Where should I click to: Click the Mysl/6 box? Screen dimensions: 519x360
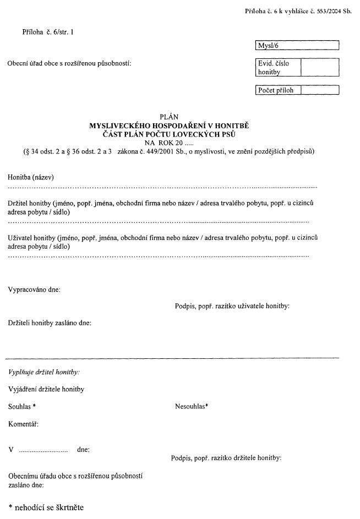[297, 45]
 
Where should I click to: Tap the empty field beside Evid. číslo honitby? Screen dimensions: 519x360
[320, 68]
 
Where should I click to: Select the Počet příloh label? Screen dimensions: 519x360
[276, 90]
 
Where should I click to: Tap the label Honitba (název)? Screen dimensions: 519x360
[31, 177]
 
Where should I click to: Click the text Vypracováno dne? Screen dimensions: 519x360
[34, 289]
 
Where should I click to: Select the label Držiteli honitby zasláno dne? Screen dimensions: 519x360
[50, 323]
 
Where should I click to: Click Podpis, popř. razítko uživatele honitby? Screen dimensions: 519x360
[232, 306]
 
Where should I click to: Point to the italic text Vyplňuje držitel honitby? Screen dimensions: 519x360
[44, 373]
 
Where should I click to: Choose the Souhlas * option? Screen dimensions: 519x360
[22, 407]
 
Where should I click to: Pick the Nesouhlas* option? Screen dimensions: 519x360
[192, 407]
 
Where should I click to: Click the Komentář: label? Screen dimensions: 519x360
[24, 424]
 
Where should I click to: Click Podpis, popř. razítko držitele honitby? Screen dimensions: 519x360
[227, 457]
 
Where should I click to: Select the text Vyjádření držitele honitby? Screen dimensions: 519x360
[46, 390]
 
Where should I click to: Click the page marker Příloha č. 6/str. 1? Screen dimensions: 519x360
[48, 32]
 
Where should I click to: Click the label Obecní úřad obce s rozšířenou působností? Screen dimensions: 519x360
[69, 64]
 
